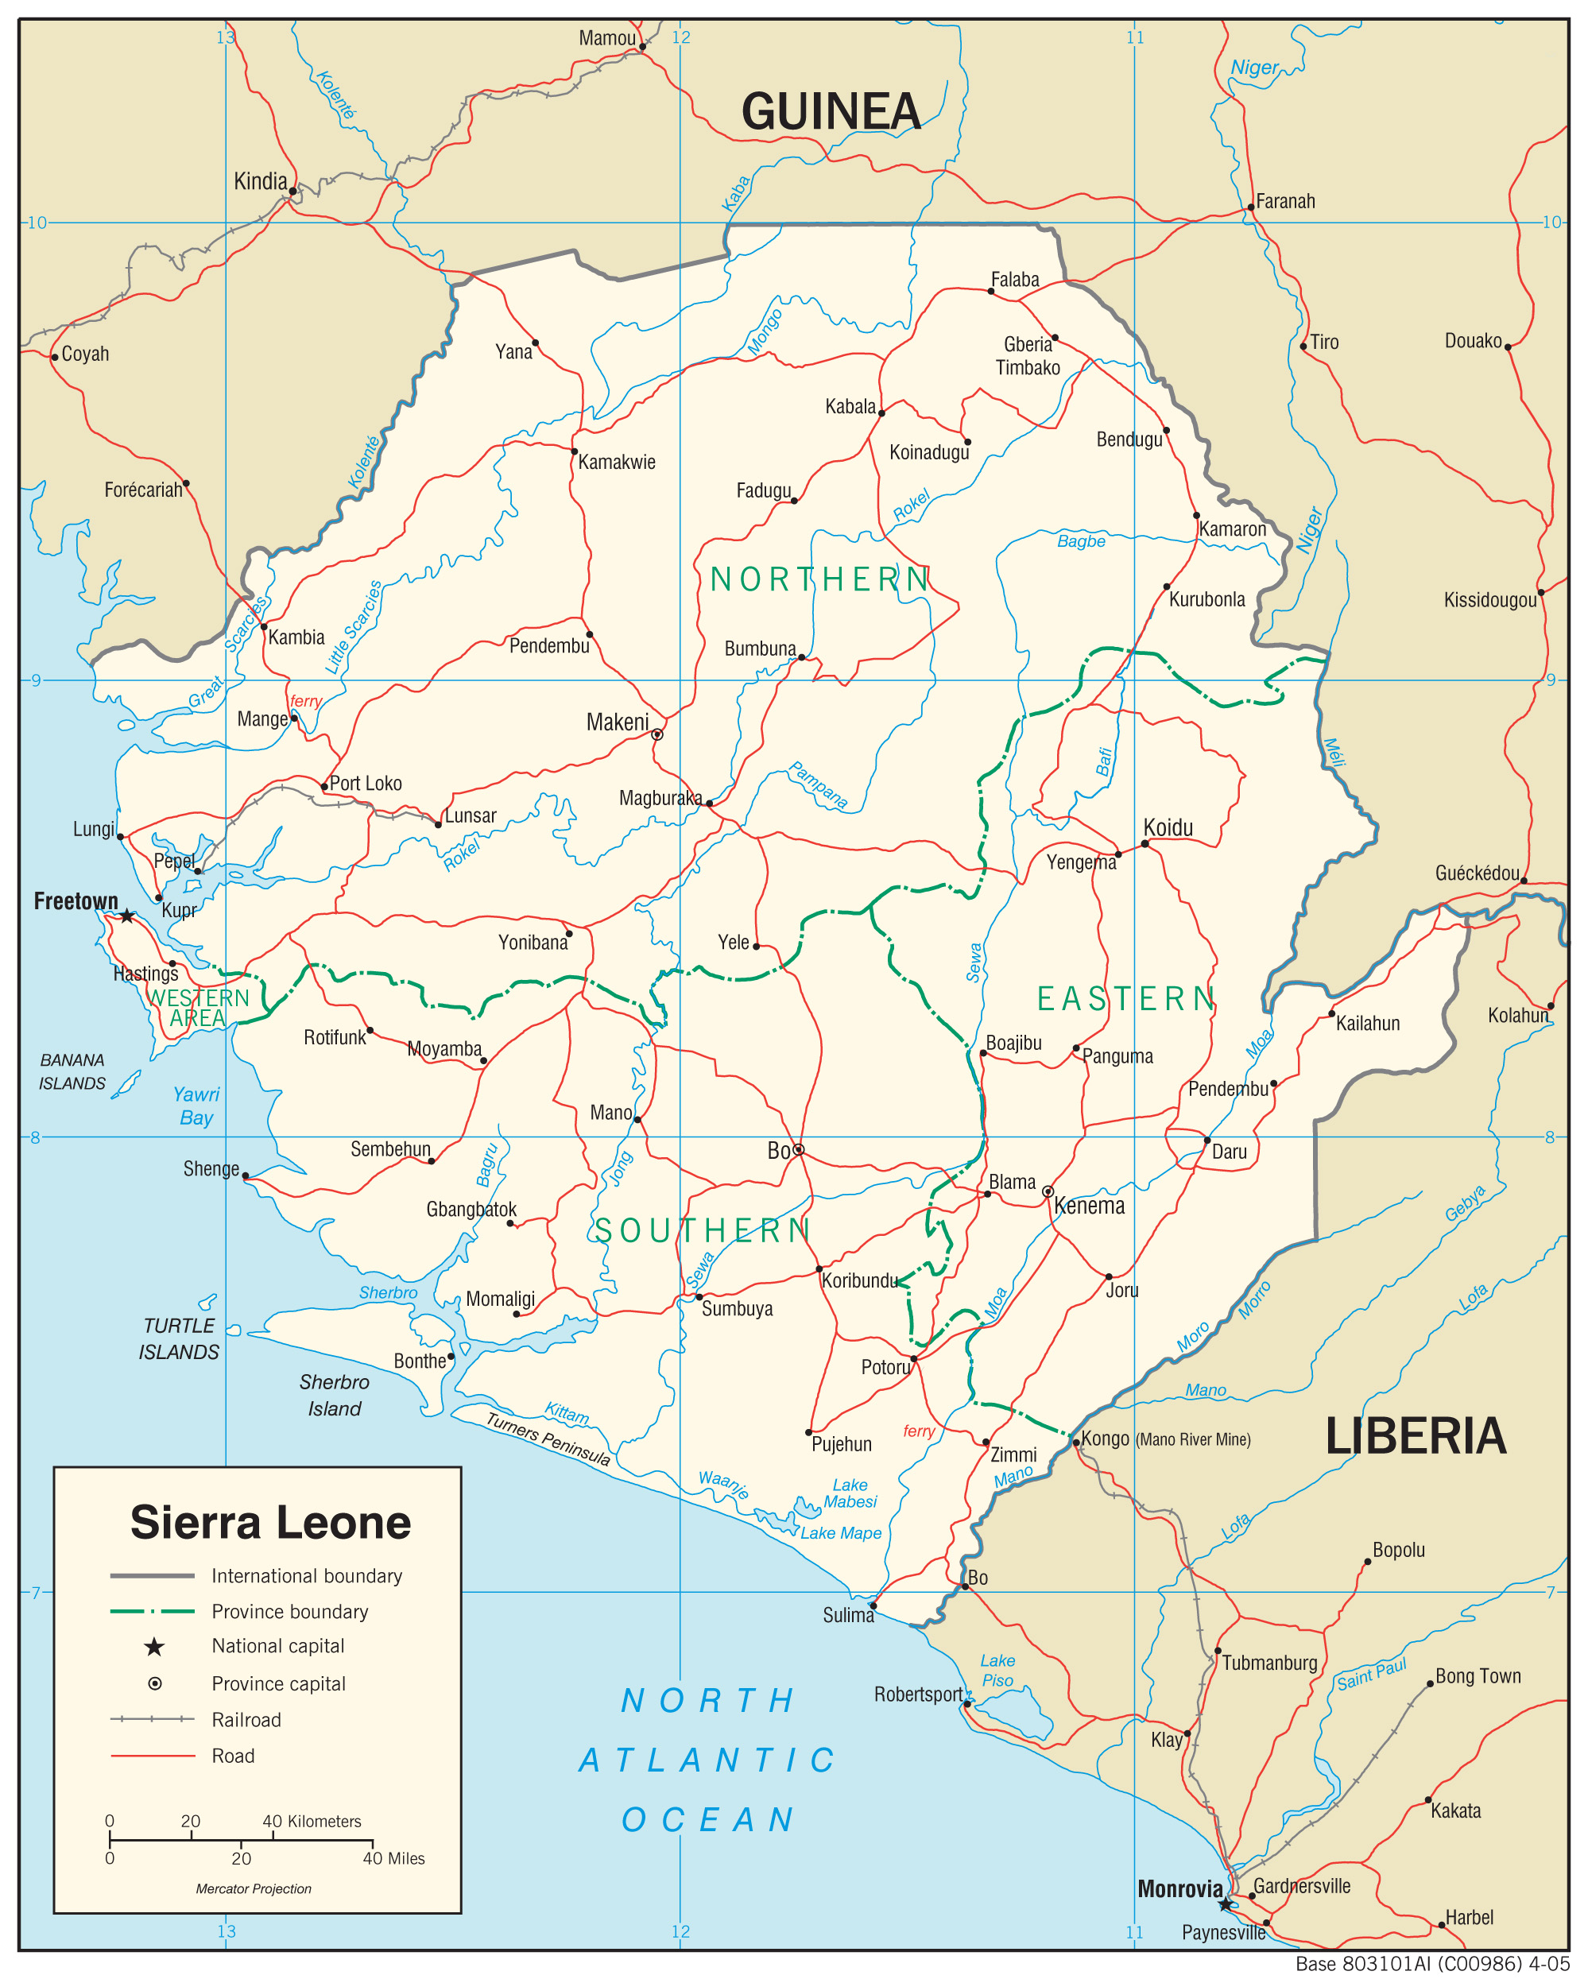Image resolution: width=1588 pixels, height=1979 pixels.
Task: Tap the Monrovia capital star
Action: (1225, 1903)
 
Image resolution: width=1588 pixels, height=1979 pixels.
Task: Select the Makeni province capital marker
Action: (657, 734)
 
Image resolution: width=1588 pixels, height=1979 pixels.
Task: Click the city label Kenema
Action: (1089, 1206)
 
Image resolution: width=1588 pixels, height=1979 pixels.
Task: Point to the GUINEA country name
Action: (830, 112)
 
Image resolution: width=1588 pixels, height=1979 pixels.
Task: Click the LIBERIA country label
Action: (1415, 1436)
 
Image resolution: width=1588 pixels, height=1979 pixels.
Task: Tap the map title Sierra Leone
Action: (270, 1522)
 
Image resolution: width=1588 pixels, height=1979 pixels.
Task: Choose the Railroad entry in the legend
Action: (246, 1719)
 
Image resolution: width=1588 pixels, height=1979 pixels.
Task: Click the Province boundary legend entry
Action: (289, 1611)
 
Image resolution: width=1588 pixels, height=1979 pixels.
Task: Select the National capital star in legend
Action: (154, 1647)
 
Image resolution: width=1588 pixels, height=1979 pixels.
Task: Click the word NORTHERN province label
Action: (819, 579)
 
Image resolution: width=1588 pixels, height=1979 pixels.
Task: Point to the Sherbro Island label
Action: (334, 1394)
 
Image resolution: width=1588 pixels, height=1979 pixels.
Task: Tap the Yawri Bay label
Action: (196, 1106)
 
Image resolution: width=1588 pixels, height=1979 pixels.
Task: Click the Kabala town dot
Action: (881, 413)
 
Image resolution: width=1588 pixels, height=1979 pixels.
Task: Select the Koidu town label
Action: (1168, 828)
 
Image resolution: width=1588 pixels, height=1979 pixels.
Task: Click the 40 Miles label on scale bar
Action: (393, 1858)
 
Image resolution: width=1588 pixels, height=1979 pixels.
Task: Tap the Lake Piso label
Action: (997, 1671)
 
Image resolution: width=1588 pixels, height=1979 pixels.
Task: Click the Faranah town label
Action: (1284, 201)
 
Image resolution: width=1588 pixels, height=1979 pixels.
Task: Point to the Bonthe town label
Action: (420, 1361)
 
